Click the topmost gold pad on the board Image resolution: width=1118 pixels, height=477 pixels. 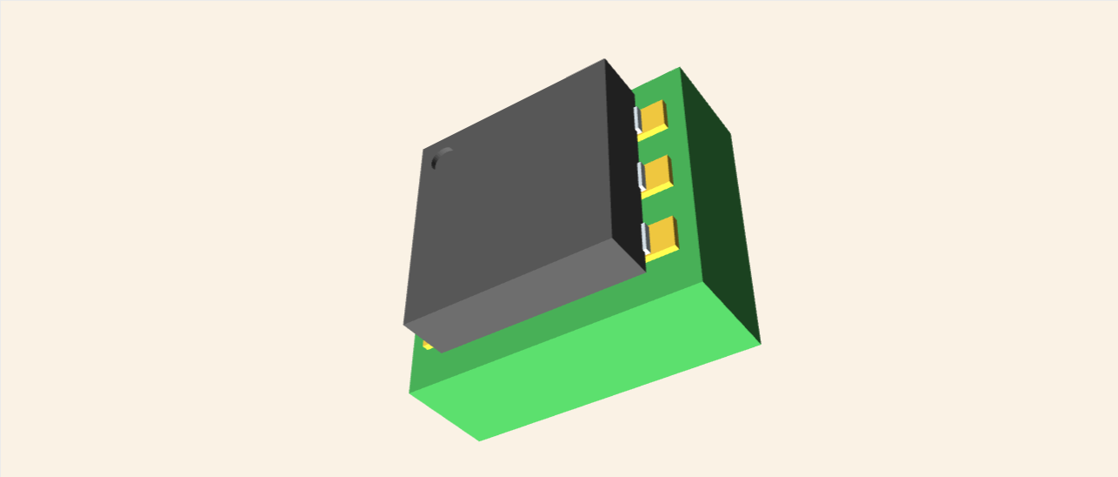pos(654,115)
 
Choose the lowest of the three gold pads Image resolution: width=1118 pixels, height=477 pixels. pos(663,232)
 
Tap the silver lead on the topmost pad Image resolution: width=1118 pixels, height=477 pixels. pos(637,119)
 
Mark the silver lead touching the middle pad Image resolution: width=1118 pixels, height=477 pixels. pos(642,176)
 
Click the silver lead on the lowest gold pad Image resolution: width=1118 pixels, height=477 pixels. pos(646,237)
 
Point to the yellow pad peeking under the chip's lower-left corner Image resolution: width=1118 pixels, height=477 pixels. pos(427,346)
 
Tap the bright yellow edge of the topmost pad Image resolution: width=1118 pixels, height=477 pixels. pos(653,133)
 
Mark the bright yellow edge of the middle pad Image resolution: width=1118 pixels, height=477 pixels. pos(658,190)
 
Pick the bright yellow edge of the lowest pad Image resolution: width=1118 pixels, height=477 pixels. pos(663,252)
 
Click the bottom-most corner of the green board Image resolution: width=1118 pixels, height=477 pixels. pos(479,440)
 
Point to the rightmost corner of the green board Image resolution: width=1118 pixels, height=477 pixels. pos(761,342)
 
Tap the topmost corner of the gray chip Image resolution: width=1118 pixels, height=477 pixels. pos(604,59)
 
